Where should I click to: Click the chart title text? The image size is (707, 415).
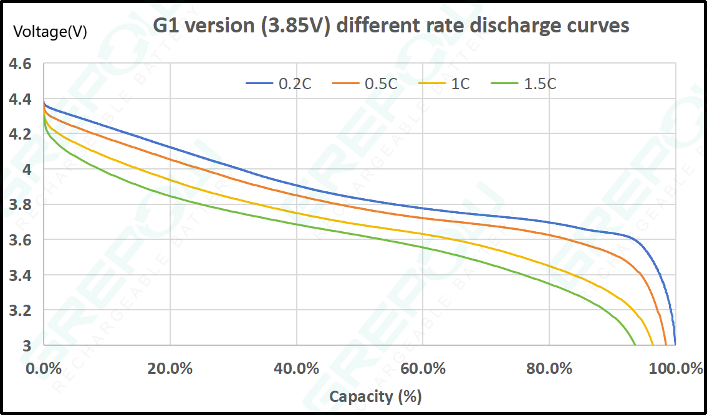[391, 26]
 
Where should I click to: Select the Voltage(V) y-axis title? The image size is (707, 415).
[50, 32]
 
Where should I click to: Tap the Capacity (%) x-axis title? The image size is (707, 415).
[375, 396]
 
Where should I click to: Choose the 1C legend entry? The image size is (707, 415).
[460, 83]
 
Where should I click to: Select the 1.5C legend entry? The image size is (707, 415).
[540, 83]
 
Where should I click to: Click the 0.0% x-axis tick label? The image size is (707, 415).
[44, 368]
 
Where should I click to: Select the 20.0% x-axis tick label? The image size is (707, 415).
[170, 368]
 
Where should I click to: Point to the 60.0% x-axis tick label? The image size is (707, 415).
[423, 368]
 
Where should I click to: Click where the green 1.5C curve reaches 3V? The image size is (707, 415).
[635, 344]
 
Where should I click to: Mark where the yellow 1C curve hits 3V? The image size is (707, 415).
[652, 344]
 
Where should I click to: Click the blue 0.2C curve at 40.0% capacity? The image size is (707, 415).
[296, 185]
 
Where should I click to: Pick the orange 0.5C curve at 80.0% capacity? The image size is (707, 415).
[549, 235]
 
